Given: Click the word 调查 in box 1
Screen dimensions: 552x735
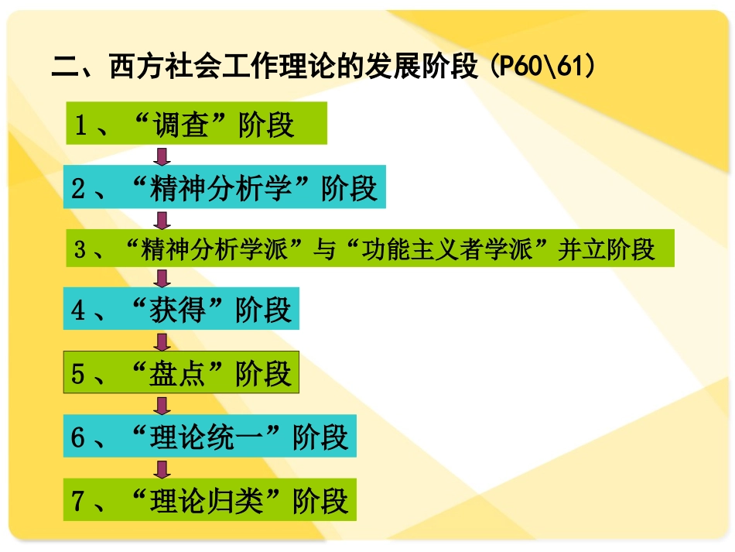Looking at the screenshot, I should [181, 125].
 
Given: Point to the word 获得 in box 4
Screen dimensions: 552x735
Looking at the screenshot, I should [181, 310].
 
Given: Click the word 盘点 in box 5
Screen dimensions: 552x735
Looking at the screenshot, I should [181, 374].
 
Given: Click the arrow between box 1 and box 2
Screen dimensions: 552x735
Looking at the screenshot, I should [161, 156].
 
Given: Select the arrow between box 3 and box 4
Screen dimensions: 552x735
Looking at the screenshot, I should [161, 279].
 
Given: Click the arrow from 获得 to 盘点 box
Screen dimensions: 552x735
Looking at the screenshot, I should [161, 341].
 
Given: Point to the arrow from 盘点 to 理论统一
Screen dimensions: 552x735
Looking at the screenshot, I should [161, 405].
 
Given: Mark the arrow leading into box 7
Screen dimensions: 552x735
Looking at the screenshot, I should [161, 468].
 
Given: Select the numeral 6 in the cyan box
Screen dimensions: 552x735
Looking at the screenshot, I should [77, 438].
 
